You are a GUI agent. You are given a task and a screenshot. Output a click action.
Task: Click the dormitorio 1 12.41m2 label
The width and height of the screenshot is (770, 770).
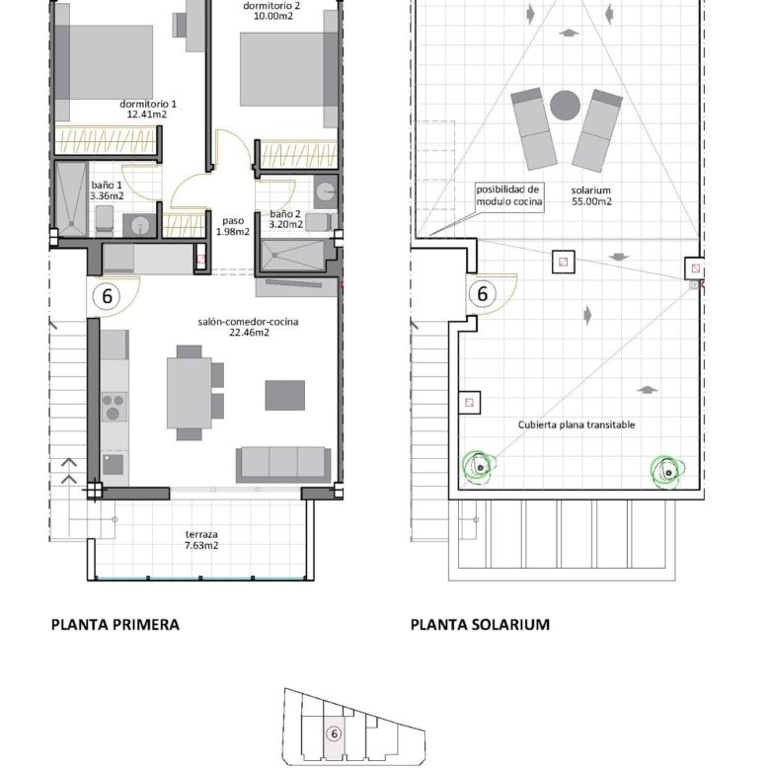coord(148,109)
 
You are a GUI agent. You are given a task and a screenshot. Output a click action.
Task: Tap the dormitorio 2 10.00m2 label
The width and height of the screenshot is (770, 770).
coord(271,11)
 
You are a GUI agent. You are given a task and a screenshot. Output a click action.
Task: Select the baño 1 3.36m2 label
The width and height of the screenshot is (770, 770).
coord(107,191)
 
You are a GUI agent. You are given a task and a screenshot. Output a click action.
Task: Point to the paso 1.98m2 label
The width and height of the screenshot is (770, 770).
coord(233,226)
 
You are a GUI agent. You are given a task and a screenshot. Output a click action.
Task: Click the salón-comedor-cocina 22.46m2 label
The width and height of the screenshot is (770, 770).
coord(249,327)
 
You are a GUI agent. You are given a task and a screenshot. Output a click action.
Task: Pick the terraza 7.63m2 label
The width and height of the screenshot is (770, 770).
coord(201,540)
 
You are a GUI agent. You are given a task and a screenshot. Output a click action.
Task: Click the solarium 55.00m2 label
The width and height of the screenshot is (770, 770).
coord(591,195)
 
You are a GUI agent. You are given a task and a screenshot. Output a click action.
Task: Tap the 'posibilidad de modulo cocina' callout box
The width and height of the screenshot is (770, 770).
coord(509,195)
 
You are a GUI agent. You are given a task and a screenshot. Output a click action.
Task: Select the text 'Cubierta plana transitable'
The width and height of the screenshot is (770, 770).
coord(577,424)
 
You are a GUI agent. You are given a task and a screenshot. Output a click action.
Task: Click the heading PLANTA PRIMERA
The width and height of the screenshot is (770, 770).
coord(115,625)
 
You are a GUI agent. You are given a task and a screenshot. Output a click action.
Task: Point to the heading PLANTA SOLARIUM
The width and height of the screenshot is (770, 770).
coord(480,625)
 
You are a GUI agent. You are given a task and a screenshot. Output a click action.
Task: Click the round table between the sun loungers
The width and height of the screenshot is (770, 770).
coord(566,105)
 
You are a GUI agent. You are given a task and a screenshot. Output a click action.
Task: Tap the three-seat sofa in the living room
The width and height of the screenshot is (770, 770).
coord(283,465)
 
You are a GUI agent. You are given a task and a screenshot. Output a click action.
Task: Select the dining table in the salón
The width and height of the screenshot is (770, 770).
coord(190,393)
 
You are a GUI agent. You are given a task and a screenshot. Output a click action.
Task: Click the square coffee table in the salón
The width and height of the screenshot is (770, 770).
coord(285,395)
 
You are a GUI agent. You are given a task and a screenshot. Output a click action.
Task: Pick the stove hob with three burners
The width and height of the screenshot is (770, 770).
coord(114,407)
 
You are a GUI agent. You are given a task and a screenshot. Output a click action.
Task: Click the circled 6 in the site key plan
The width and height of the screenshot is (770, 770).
coord(335,734)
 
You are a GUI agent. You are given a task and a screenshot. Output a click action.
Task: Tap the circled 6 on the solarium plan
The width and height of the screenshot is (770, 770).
coord(482,294)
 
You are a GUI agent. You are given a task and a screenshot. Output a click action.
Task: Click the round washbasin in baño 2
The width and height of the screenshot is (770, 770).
coord(325,192)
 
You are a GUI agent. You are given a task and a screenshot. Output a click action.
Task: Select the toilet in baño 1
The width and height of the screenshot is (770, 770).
coord(104,218)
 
